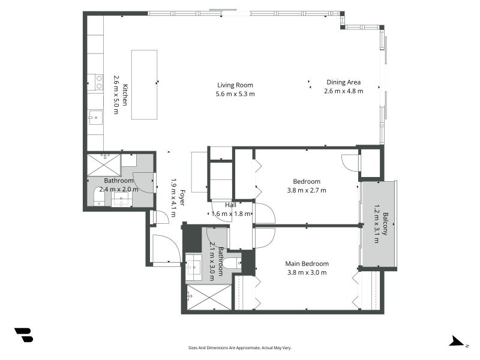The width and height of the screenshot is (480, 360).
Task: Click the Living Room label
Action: click(x=235, y=85)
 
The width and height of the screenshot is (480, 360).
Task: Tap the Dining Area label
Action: click(x=343, y=82)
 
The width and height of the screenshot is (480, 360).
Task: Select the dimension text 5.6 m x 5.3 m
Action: click(x=235, y=94)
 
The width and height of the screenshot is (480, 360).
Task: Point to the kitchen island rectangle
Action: click(x=144, y=85)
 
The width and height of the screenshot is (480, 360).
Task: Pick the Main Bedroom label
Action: click(x=307, y=263)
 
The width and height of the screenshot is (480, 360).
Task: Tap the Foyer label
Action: click(x=182, y=199)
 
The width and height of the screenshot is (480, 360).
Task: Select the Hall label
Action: click(x=230, y=205)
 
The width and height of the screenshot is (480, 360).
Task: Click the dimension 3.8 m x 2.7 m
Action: click(x=306, y=190)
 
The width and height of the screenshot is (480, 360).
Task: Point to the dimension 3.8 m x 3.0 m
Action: click(x=307, y=272)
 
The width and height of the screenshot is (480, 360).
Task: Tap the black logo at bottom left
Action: click(x=23, y=335)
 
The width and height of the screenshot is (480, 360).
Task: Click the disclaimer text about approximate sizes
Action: click(x=240, y=347)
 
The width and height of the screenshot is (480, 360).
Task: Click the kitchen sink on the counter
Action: click(x=95, y=116)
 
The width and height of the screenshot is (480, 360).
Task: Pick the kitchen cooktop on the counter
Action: click(x=95, y=82)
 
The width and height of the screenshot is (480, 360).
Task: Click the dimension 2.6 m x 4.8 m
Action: click(x=343, y=91)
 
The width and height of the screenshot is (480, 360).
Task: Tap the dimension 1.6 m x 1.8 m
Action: click(x=230, y=213)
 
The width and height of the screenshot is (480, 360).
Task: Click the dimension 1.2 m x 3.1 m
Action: click(x=377, y=224)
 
